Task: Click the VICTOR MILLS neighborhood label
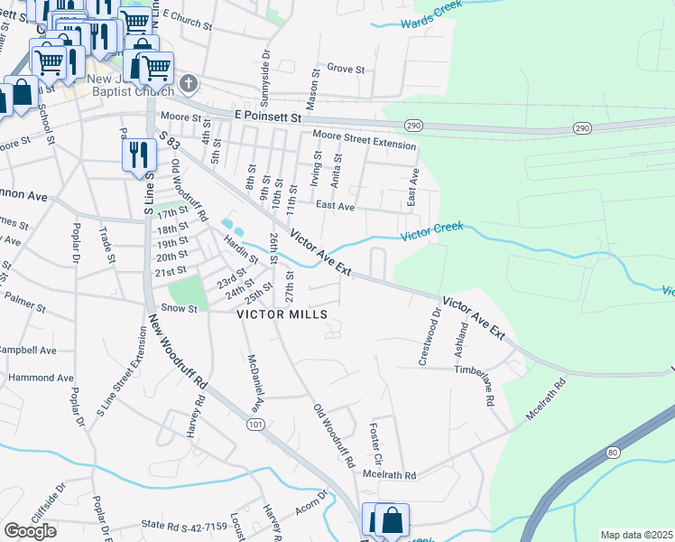[282, 315]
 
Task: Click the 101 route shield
[255, 423]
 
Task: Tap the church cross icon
[188, 84]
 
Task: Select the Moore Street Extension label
[365, 139]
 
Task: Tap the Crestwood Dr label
[430, 337]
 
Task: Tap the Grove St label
[346, 68]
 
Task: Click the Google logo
[31, 530]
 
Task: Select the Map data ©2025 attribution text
[635, 535]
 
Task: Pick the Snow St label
[179, 308]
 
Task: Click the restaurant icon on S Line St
[139, 154]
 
